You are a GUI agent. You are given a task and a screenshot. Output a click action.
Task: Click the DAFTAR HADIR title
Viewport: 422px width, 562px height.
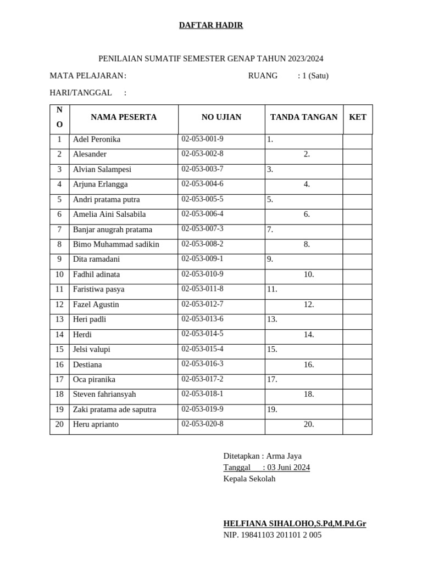211,25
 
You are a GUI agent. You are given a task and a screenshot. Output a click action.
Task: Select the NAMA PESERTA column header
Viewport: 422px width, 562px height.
124,117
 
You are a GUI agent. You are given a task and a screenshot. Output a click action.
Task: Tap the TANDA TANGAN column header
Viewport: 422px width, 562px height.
304,117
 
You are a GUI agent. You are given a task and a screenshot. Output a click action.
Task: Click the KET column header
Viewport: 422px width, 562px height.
358,117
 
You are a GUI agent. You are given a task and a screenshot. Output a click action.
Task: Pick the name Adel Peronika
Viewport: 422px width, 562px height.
97,139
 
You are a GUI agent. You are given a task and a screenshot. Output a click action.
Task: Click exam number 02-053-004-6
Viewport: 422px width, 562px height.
203,184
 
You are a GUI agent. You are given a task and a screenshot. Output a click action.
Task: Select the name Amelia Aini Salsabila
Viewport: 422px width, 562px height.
109,214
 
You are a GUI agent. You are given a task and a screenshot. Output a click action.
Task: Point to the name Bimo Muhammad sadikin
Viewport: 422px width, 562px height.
116,244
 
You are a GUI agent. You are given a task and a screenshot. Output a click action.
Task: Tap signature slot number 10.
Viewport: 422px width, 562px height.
309,274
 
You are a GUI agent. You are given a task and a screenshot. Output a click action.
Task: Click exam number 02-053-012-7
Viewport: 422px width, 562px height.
203,304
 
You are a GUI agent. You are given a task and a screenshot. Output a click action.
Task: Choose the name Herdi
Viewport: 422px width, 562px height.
82,334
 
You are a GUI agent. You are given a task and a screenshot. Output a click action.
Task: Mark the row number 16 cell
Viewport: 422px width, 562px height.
59,364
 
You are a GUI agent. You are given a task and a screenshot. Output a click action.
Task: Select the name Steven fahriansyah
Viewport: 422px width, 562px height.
104,394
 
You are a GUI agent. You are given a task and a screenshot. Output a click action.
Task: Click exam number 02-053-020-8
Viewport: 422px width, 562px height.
203,424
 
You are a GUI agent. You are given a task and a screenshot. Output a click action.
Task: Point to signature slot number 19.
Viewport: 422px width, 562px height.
272,409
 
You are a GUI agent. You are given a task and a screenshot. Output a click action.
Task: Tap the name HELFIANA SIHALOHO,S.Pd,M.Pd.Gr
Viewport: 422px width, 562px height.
295,524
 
